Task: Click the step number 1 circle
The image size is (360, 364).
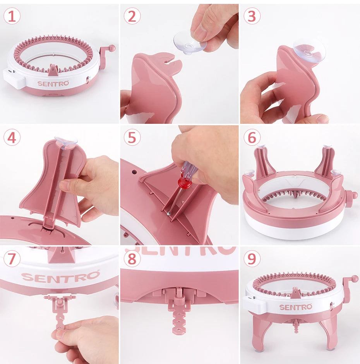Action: (x=12, y=16)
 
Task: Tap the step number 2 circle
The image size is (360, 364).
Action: (x=132, y=16)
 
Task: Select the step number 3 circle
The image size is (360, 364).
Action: (x=252, y=16)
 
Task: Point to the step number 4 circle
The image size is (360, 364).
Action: (x=12, y=137)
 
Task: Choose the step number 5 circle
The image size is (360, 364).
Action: (x=132, y=137)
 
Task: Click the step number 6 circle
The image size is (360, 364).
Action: (x=252, y=137)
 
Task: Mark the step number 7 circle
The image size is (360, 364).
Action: (x=12, y=258)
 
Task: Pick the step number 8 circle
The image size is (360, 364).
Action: (x=132, y=258)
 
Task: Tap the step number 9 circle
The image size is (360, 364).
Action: (x=252, y=258)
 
